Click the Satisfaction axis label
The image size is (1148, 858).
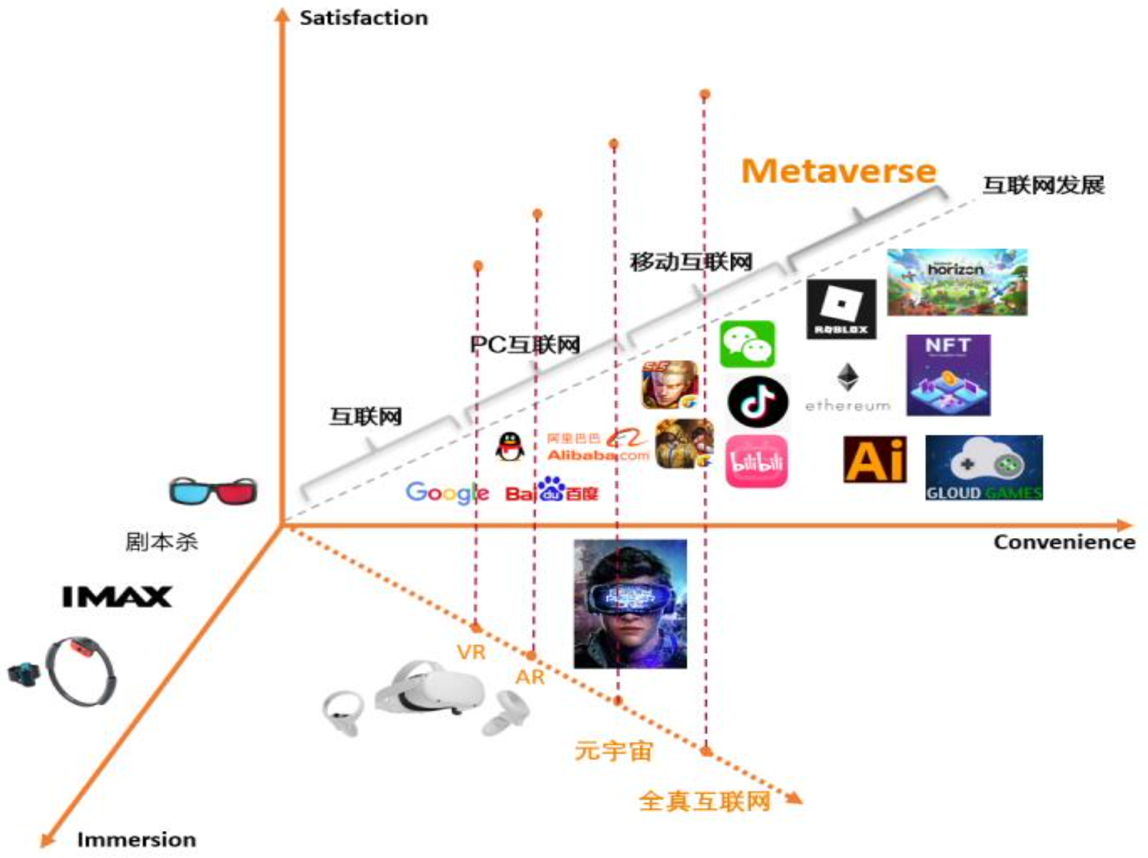[363, 18]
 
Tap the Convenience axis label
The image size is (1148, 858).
[1063, 542]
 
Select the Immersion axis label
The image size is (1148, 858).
[136, 840]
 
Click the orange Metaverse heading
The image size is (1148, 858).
[839, 171]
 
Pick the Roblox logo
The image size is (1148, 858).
[841, 309]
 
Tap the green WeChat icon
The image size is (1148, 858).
[747, 344]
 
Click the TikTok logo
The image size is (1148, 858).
[758, 401]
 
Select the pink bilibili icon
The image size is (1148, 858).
[756, 461]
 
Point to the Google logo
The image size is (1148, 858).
[447, 493]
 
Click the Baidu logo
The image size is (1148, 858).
[552, 490]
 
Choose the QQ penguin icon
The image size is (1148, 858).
[510, 447]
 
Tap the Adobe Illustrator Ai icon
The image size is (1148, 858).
[875, 459]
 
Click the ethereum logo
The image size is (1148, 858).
[847, 388]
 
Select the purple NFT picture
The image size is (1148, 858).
[948, 375]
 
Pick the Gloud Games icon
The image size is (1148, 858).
[984, 467]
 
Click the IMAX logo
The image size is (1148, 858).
[117, 597]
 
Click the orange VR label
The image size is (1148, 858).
[471, 652]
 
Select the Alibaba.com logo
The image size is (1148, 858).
[597, 446]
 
